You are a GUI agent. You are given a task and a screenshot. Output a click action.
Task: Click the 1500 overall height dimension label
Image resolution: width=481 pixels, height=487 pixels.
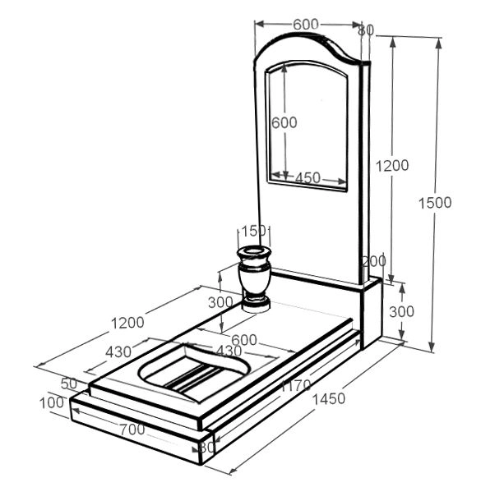(435, 203)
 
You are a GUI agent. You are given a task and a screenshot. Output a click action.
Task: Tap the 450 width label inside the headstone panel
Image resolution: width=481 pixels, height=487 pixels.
(308, 178)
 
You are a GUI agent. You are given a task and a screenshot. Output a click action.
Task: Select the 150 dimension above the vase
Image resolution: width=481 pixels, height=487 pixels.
(254, 231)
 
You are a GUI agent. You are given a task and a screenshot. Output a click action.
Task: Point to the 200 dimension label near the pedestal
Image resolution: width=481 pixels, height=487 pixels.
(374, 261)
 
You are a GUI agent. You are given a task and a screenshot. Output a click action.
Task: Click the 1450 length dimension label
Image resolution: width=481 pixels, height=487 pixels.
(328, 399)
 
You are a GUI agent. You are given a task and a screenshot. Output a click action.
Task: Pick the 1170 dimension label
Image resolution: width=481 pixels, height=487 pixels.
(296, 385)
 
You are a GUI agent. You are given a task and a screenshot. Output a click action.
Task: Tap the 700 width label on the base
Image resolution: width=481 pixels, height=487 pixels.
(132, 430)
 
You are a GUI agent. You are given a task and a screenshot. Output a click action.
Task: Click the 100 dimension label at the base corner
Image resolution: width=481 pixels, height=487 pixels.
(52, 403)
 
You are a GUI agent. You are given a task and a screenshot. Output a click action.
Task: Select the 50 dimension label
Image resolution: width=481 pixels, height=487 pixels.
(69, 384)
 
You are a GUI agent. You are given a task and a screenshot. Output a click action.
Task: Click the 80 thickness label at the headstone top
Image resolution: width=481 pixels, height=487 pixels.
(366, 30)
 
